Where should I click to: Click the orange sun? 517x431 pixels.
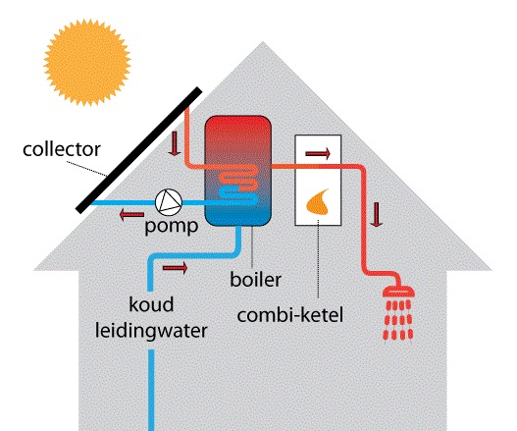pyautogui.click(x=87, y=63)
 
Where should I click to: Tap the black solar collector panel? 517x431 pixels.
pyautogui.click(x=138, y=150)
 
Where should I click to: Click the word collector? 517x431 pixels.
pyautogui.click(x=62, y=149)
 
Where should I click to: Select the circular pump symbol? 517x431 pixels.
pyautogui.click(x=169, y=202)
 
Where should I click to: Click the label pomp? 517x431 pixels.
pyautogui.click(x=172, y=226)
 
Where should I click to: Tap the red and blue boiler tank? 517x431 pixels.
pyautogui.click(x=238, y=171)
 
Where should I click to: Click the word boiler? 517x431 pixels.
pyautogui.click(x=255, y=279)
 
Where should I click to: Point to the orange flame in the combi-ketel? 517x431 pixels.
pyautogui.click(x=318, y=202)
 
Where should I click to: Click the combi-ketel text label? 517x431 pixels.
pyautogui.click(x=290, y=315)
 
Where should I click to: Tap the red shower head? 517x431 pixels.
pyautogui.click(x=398, y=291)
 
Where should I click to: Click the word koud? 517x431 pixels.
pyautogui.click(x=151, y=304)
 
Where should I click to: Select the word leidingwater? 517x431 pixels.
pyautogui.click(x=151, y=331)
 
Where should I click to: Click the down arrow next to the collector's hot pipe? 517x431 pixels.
pyautogui.click(x=174, y=143)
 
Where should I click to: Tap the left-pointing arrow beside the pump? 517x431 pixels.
pyautogui.click(x=131, y=215)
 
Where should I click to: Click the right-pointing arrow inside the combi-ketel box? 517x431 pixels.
pyautogui.click(x=318, y=153)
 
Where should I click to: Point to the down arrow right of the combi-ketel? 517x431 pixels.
pyautogui.click(x=376, y=214)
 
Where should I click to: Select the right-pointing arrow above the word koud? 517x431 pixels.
pyautogui.click(x=175, y=268)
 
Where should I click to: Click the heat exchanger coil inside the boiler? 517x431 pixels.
pyautogui.click(x=238, y=184)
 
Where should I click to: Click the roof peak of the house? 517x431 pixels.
pyautogui.click(x=263, y=42)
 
